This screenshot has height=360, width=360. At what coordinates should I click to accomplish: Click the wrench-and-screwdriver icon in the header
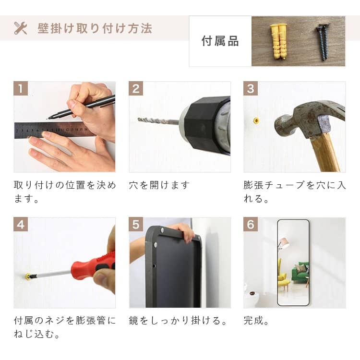[21, 28]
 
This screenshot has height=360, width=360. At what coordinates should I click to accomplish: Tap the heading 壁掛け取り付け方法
[95, 28]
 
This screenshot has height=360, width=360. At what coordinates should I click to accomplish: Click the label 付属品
[220, 41]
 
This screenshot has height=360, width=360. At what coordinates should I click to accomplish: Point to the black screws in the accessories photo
[323, 41]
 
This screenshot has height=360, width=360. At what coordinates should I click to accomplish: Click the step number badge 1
[21, 88]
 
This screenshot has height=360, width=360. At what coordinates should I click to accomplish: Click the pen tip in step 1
[47, 119]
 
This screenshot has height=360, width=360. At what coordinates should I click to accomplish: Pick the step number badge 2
[136, 88]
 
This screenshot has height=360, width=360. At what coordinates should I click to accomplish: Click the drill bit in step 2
[158, 121]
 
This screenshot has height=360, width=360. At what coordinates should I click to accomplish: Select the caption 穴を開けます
[159, 185]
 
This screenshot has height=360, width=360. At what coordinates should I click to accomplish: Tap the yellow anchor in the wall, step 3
[256, 120]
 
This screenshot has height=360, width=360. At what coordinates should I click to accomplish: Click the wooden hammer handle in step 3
[324, 153]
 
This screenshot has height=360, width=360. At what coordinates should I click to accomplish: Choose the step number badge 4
[21, 224]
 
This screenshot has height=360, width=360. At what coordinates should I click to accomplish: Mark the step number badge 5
[136, 224]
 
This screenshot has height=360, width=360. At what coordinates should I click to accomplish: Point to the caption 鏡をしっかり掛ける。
[178, 321]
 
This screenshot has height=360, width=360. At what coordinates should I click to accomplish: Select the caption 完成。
[256, 321]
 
